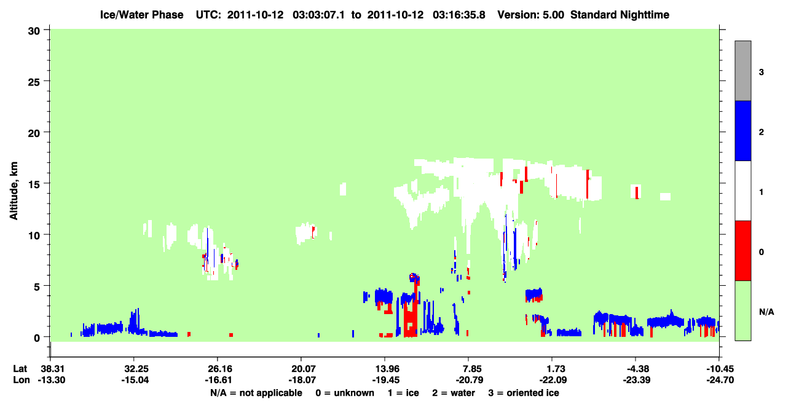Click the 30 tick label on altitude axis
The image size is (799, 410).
pos(34,31)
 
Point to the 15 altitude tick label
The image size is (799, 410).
pos(34,184)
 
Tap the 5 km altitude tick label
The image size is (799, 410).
pos(37,286)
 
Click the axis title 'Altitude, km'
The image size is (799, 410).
pos(14,191)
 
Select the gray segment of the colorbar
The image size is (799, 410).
pos(742,71)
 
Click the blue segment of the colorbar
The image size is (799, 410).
pos(742,130)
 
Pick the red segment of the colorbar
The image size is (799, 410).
pos(742,251)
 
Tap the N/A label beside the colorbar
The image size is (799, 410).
pos(766,312)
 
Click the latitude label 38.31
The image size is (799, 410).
pos(50,369)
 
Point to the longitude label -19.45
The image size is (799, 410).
pos(385,380)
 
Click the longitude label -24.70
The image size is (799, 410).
pos(720,380)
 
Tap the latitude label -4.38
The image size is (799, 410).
pos(637,369)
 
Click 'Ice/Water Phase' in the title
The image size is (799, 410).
pos(141,15)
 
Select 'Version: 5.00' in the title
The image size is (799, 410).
pos(531,15)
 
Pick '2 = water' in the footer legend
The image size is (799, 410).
pos(454,393)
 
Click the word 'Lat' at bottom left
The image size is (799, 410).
pos(20,369)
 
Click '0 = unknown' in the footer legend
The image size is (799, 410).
pos(345,393)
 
